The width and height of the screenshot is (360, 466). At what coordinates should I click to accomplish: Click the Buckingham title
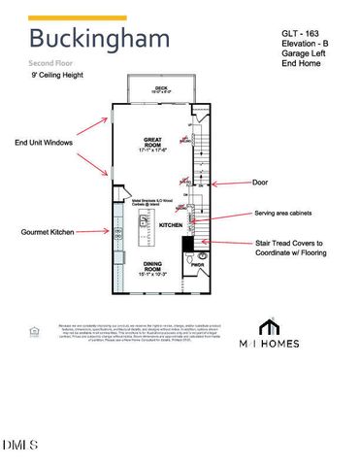point(98,40)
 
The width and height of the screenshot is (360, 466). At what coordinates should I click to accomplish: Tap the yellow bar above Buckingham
point(77,17)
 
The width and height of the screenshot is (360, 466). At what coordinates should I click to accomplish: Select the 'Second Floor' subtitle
point(53,62)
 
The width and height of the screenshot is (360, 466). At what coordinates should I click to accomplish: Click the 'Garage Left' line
point(306,52)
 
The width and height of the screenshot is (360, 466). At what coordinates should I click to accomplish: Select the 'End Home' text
point(302,63)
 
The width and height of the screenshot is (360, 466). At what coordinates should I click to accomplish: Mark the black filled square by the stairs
point(189,242)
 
